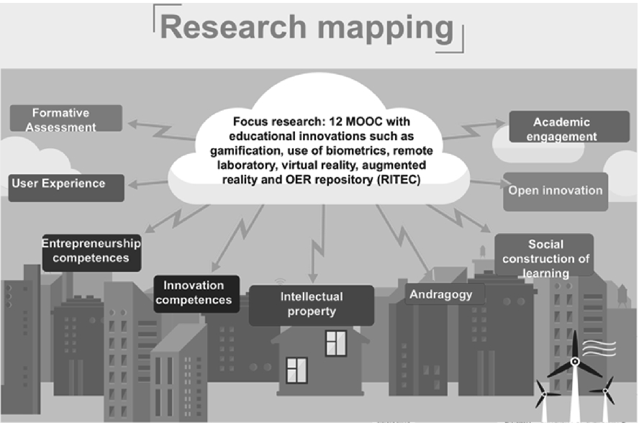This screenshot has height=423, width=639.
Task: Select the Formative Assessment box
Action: pos(65,119)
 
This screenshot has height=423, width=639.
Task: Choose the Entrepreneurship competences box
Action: pos(91,250)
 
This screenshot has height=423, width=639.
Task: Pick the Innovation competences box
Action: pos(194,293)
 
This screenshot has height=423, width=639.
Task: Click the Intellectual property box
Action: pos(312,304)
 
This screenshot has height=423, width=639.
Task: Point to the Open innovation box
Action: pos(555,191)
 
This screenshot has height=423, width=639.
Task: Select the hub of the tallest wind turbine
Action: pos(574,360)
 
